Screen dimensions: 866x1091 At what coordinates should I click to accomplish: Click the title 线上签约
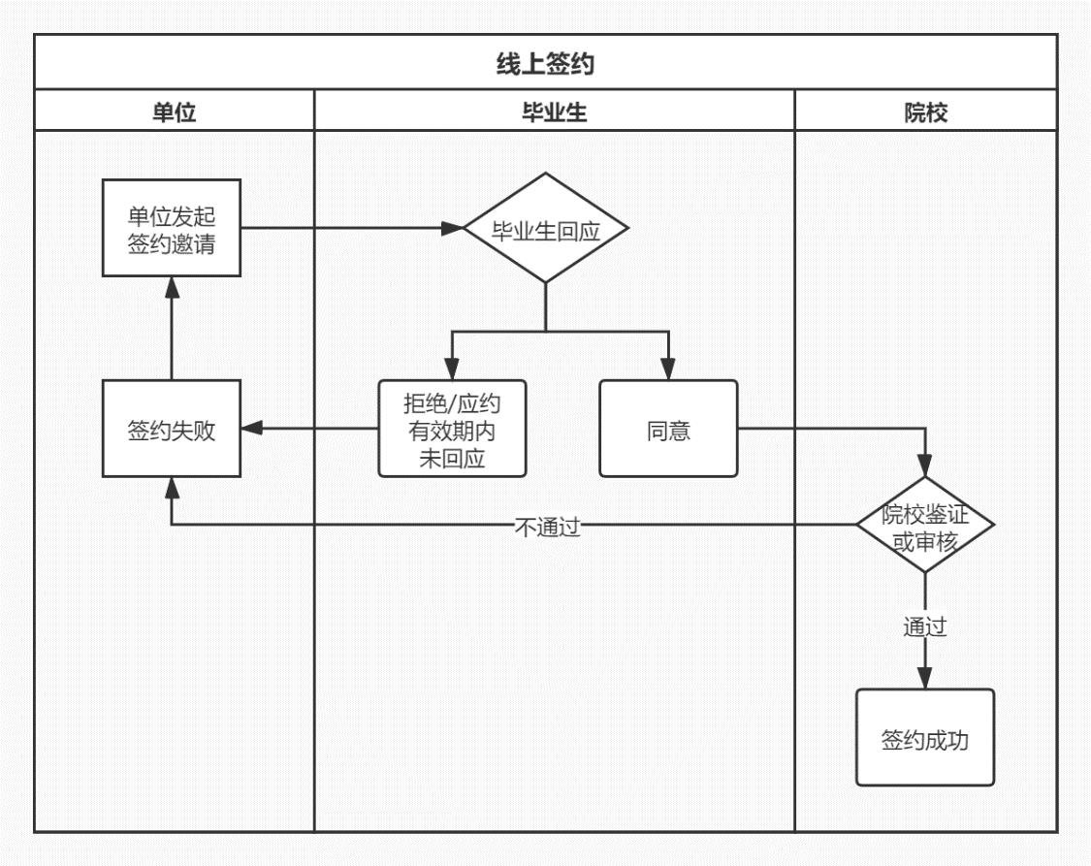(x=545, y=64)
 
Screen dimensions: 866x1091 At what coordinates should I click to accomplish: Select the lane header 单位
(x=174, y=112)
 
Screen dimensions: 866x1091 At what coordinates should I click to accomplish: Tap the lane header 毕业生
(x=554, y=112)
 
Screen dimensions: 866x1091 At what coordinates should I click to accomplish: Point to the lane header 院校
(x=925, y=112)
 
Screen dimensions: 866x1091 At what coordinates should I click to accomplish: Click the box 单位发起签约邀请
(x=172, y=229)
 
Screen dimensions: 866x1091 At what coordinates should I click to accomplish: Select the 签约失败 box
(x=172, y=430)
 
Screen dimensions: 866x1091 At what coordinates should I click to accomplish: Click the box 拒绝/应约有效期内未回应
(x=452, y=430)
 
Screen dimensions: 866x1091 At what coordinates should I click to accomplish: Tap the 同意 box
(x=668, y=430)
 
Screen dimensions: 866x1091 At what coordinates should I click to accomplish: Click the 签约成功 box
(x=925, y=739)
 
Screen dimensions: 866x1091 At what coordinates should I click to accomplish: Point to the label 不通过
(x=547, y=527)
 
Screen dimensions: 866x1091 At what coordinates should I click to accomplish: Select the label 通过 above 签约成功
(x=925, y=626)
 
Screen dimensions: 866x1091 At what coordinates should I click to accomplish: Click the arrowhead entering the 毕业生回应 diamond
(x=454, y=229)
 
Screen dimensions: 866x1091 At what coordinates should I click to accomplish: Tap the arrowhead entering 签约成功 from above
(x=925, y=679)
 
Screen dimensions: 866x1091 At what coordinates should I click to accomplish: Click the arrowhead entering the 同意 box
(x=668, y=370)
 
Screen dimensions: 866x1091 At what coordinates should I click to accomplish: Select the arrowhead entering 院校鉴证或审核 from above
(x=925, y=466)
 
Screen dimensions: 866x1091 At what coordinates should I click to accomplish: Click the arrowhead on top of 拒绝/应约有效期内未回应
(x=452, y=370)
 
